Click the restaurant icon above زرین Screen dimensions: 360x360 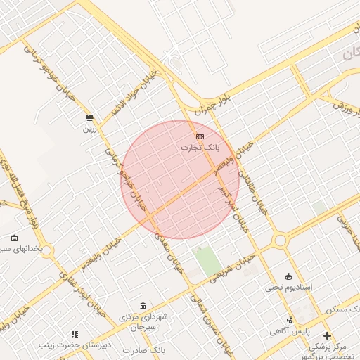coord(89,117)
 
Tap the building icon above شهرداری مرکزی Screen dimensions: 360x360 coord(143,306)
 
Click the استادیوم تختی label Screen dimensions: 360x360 coord(288,288)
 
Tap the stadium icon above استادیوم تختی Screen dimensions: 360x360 coord(288,276)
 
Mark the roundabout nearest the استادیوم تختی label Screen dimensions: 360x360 coord(281,240)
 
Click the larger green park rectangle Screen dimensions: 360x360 coord(207,262)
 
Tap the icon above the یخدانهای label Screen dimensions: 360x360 coord(15,238)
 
